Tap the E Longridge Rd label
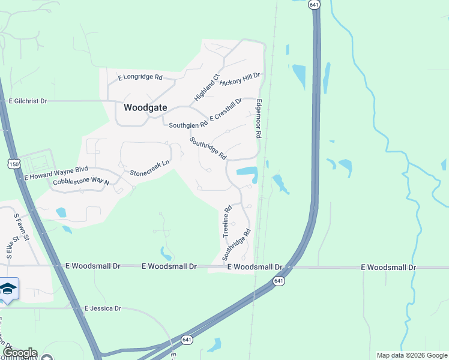click(x=140, y=77)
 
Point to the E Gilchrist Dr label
click(x=28, y=101)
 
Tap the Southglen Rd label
click(x=188, y=125)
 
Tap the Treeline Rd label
click(x=228, y=221)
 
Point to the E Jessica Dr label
click(x=103, y=308)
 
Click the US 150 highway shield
click(x=14, y=163)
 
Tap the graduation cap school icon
click(x=8, y=289)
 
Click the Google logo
click(x=19, y=353)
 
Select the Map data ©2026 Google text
click(x=412, y=355)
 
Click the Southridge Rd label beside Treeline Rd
click(x=236, y=244)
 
